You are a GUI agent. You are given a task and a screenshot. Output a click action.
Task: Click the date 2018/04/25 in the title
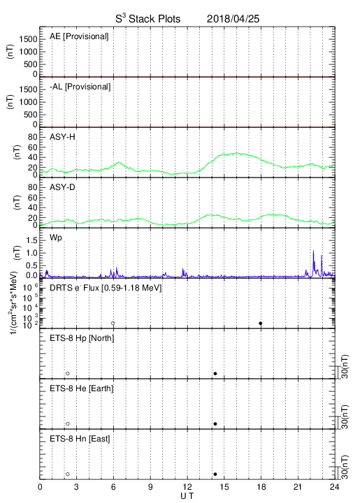pos(233,19)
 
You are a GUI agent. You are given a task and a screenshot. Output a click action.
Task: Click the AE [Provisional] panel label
pos(79,36)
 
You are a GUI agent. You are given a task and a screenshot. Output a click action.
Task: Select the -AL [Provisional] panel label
pos(80,87)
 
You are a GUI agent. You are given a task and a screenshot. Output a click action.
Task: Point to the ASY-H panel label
pos(62,137)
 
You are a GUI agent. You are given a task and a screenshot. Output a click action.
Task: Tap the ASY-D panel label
pos(62,187)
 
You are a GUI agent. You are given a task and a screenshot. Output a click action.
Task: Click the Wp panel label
pos(55,238)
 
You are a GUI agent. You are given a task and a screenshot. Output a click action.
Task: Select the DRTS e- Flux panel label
pos(106,288)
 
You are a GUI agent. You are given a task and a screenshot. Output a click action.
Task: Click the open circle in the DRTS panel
pos(113,323)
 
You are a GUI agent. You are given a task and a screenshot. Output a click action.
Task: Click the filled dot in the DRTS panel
pos(261,323)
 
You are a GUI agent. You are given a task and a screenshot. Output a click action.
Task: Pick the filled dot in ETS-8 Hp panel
pos(215,373)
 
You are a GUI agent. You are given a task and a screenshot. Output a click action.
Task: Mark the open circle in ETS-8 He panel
pos(68,424)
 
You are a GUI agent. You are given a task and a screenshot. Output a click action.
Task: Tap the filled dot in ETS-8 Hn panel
pos(215,474)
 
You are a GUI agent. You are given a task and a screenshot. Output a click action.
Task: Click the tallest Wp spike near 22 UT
pos(313,251)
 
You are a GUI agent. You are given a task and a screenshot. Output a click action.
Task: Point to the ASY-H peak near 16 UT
pos(237,153)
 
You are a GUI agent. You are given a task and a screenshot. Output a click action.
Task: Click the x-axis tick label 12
pos(187,487)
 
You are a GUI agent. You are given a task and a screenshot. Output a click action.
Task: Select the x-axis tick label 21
pos(298,487)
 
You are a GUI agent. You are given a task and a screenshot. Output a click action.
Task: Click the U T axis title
pos(187,496)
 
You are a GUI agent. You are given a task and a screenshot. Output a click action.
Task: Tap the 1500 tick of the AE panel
pos(28,39)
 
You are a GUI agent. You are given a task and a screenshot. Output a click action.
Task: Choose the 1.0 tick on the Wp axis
pos(31,253)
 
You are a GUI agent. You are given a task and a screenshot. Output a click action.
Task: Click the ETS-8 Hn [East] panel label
pos(80,439)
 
